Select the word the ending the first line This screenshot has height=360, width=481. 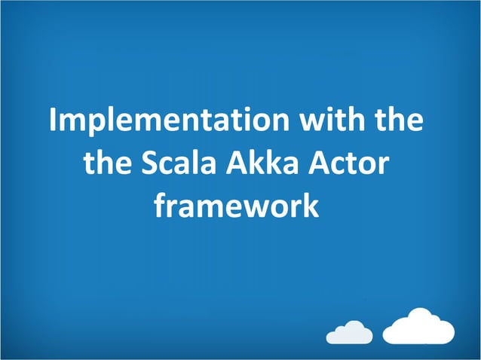point(398,121)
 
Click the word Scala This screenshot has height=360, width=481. point(184,163)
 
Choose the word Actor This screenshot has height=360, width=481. point(355,163)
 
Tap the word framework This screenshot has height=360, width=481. point(237,204)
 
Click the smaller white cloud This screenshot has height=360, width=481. point(351,331)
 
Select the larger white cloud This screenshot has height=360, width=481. point(419,328)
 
